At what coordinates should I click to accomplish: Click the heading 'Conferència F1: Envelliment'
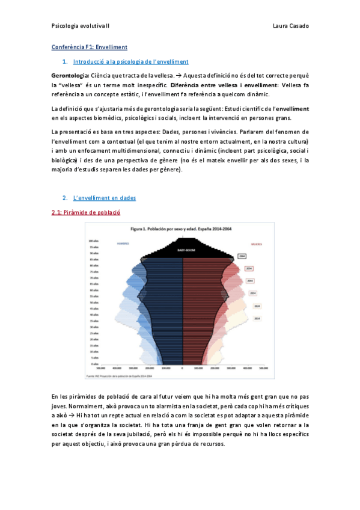[x=89, y=46]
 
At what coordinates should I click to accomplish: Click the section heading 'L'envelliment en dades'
[x=104, y=198]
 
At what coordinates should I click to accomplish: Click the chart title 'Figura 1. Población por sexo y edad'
[x=181, y=229]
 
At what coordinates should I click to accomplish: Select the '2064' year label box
[x=242, y=256]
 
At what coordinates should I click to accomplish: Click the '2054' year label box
[x=248, y=268]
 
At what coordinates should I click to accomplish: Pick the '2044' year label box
[x=249, y=281]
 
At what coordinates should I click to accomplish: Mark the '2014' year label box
[x=257, y=318]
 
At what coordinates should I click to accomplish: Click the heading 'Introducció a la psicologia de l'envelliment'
[x=130, y=61]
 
